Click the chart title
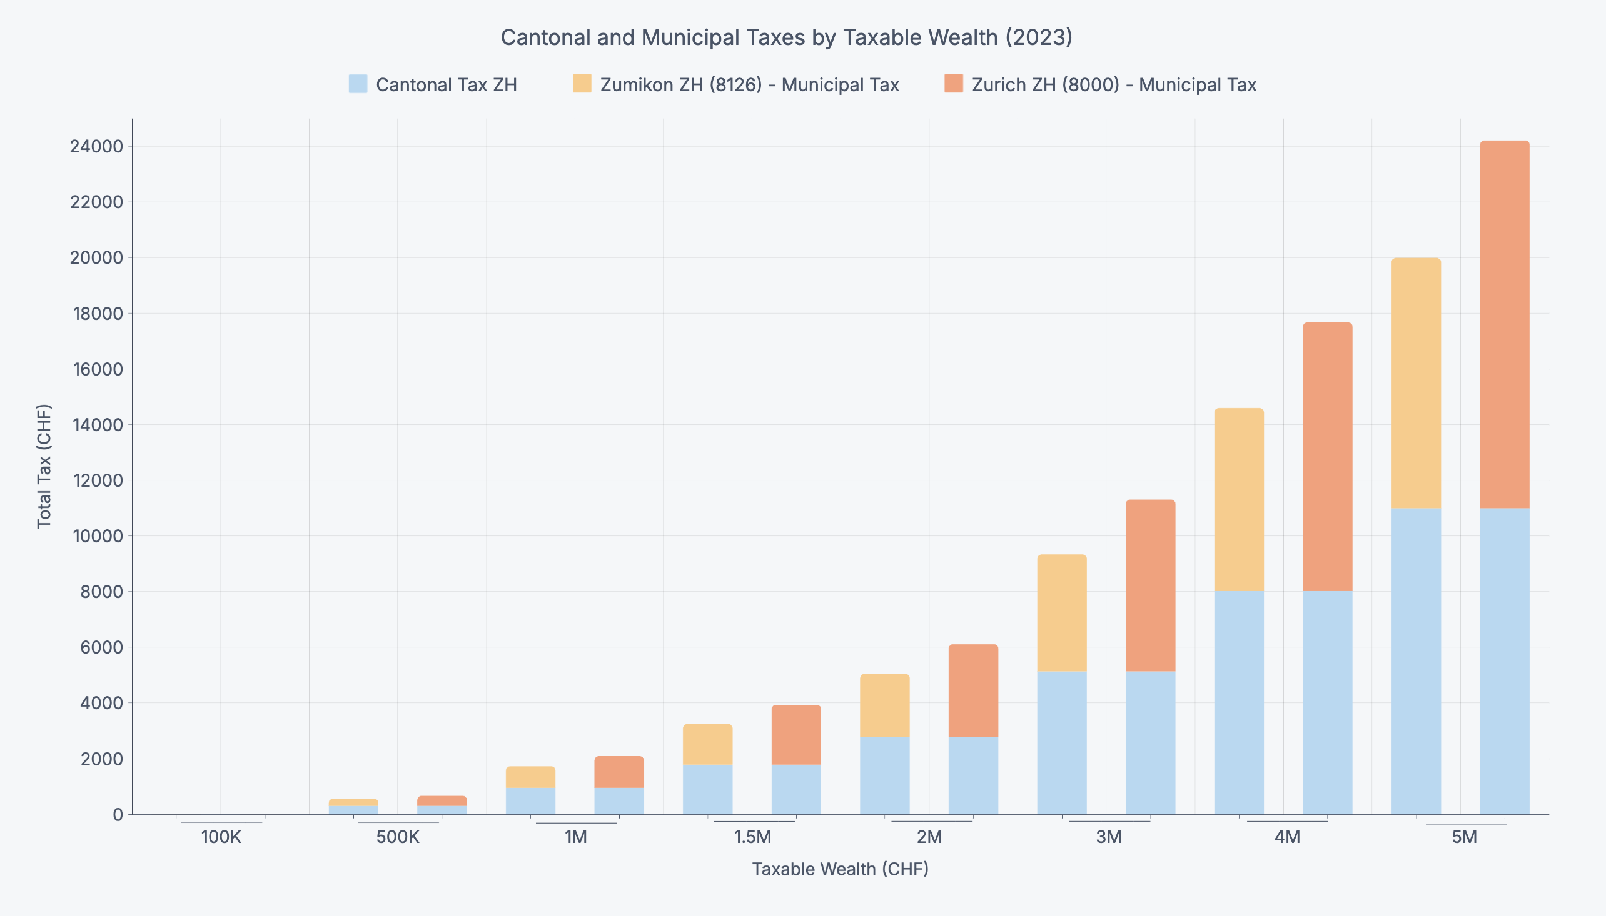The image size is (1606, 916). tap(786, 37)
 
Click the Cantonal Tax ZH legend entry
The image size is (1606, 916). tap(433, 85)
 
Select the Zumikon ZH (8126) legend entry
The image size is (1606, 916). tap(736, 85)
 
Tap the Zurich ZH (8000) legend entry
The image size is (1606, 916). tap(1100, 85)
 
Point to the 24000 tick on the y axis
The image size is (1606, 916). tap(96, 147)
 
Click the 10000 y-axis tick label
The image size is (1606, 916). tap(96, 536)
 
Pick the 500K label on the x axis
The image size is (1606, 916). tap(397, 837)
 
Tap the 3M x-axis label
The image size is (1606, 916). tap(1109, 837)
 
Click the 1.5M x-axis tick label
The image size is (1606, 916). tap(752, 837)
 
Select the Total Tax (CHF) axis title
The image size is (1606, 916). tap(44, 465)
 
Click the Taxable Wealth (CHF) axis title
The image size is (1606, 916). tap(840, 869)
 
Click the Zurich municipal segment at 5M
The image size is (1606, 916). tap(1504, 324)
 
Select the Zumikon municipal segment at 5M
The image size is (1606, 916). tap(1415, 382)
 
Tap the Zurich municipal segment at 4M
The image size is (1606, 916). tap(1327, 457)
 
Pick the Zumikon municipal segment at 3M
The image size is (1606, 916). tap(1061, 613)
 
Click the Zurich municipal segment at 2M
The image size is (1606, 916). tap(972, 691)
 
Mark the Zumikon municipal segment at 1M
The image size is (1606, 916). tap(530, 777)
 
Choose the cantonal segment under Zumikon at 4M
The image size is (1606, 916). tap(1238, 702)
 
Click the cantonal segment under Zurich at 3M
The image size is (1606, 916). tap(1150, 742)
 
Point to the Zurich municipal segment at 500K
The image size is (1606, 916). tap(442, 801)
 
